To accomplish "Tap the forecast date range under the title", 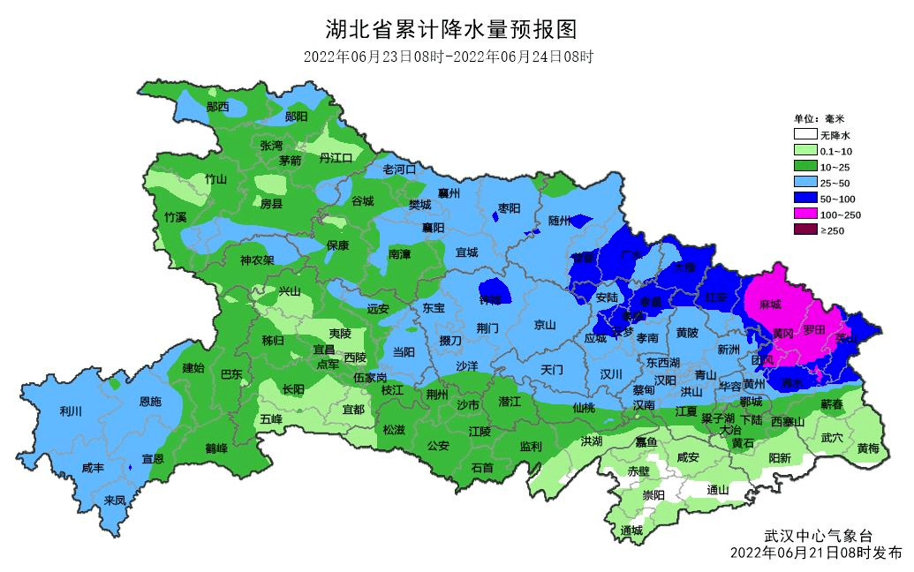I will tap(448, 57).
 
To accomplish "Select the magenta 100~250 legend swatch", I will tap(804, 214).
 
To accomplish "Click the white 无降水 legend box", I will tap(804, 135).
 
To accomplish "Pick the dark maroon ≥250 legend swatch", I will tap(804, 230).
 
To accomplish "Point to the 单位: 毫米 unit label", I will tap(819, 118).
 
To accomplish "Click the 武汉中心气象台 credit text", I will tap(818, 536).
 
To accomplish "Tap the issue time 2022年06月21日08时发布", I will tap(816, 553).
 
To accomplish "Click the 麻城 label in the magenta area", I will tap(769, 305).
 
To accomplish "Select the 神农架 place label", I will tap(257, 260).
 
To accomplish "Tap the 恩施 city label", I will tap(150, 402).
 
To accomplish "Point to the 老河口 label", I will tap(398, 169).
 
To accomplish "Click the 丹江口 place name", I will tap(336, 157).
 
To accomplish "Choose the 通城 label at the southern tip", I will tap(631, 531).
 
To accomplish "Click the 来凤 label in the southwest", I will tap(115, 500).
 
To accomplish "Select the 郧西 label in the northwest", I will tap(217, 107).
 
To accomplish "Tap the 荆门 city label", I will tap(487, 327).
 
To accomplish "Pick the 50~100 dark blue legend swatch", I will tap(804, 199).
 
